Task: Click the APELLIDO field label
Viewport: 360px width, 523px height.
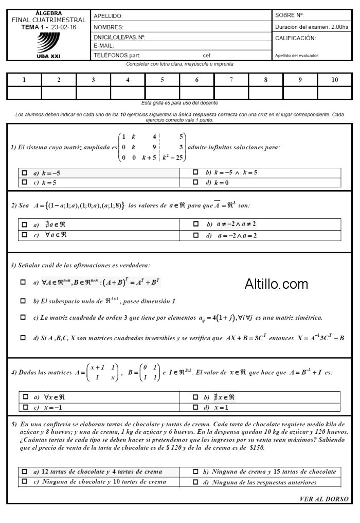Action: (x=108, y=16)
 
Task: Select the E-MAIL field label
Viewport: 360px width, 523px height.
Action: (x=104, y=46)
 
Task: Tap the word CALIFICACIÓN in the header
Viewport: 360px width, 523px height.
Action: (x=295, y=38)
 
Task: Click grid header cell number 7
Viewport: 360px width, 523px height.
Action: (x=231, y=80)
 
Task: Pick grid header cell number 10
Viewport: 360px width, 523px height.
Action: (x=335, y=80)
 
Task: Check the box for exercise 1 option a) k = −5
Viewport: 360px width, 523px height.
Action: (x=25, y=173)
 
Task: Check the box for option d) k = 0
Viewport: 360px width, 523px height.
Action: (x=195, y=182)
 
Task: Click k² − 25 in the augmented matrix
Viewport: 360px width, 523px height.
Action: (x=173, y=158)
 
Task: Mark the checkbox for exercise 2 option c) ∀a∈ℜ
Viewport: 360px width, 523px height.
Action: (x=25, y=235)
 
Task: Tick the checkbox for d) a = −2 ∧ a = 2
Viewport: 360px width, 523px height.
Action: (x=195, y=235)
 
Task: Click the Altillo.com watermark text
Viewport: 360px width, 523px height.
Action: (x=276, y=284)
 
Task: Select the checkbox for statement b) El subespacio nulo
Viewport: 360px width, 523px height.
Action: (x=23, y=300)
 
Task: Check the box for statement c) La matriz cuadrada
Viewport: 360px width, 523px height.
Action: (x=23, y=318)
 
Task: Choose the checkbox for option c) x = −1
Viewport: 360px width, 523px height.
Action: (x=25, y=407)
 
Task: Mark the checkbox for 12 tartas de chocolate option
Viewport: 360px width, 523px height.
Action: (x=25, y=472)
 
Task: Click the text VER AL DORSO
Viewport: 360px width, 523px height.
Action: (x=323, y=499)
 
